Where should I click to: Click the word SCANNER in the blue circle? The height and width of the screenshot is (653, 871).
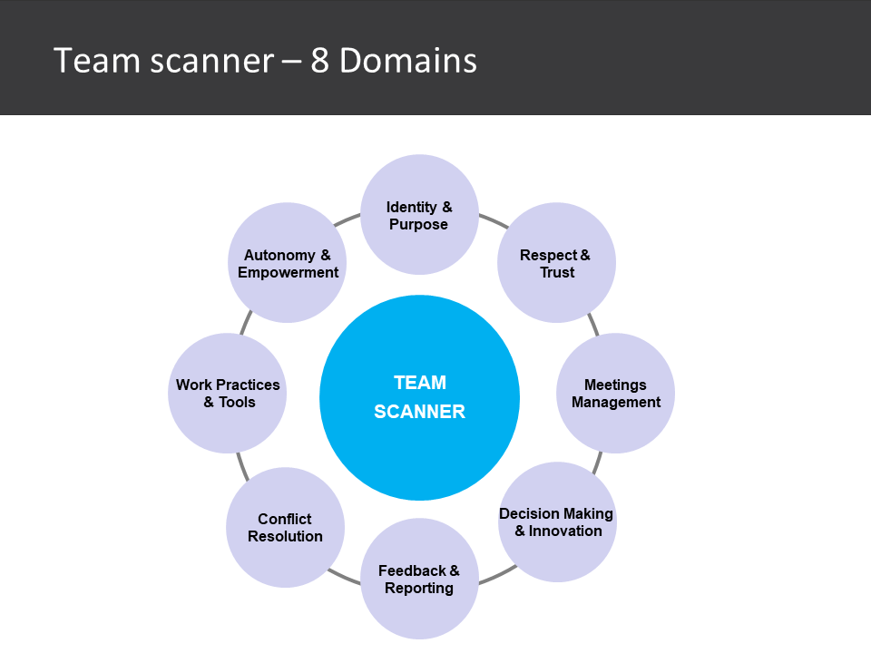coord(419,412)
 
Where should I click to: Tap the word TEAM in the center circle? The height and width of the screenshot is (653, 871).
coord(419,383)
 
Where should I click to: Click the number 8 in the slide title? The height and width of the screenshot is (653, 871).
coord(320,61)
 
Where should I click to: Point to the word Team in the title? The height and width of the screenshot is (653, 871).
coord(88,61)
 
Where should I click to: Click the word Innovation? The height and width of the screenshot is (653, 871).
coord(566,531)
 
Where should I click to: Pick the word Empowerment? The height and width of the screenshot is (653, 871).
coord(288,272)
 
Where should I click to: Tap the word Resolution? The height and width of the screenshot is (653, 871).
coord(285,536)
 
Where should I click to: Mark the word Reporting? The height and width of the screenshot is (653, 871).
coord(419,588)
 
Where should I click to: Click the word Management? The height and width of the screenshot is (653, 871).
coord(616,402)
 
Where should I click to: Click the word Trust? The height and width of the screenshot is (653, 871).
coord(557,272)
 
